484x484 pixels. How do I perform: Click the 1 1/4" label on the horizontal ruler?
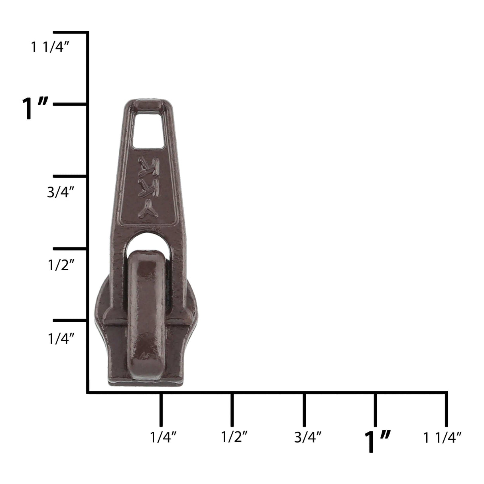point(443,437)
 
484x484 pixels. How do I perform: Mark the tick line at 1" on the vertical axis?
point(70,104)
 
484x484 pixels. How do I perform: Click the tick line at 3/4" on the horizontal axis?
point(304,409)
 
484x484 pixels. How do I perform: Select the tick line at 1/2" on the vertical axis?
point(70,248)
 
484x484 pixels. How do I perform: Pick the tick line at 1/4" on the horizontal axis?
point(160,409)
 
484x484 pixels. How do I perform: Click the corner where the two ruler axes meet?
point(87,393)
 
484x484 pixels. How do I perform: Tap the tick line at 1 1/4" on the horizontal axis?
point(446,409)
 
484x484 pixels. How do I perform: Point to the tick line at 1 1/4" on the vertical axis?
point(70,32)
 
